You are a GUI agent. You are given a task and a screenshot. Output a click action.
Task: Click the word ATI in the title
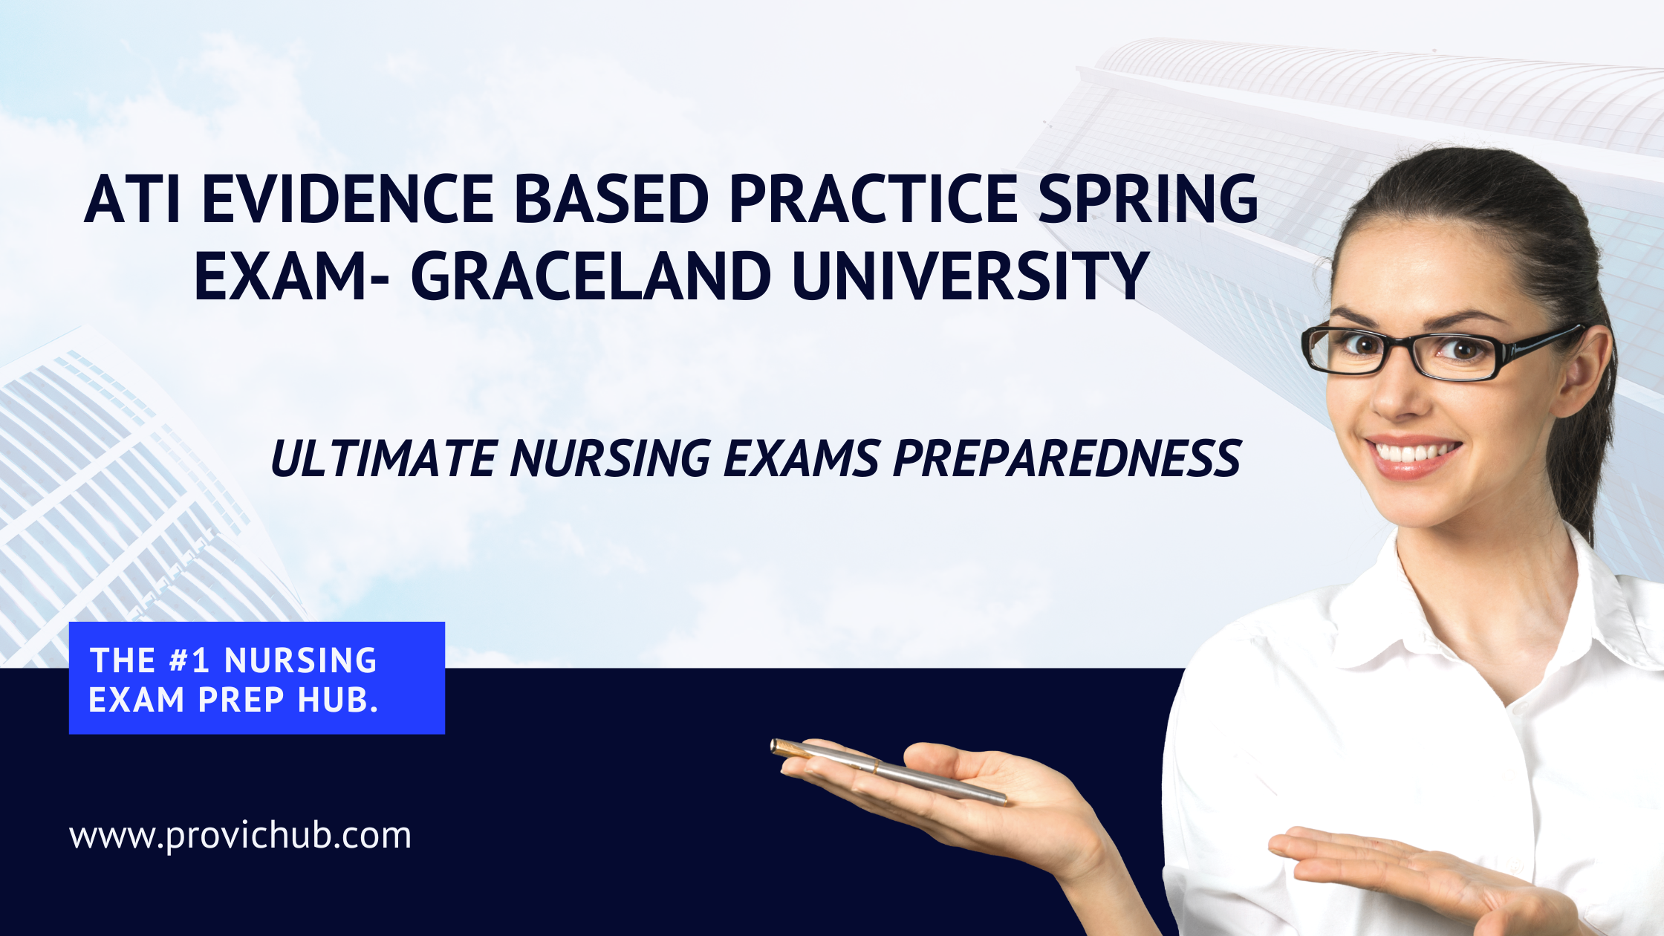click(132, 198)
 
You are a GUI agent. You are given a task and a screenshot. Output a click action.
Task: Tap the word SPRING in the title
click(1148, 198)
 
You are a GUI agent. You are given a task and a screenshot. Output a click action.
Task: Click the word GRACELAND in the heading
click(591, 276)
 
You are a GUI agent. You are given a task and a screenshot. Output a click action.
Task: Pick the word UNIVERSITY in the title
click(971, 276)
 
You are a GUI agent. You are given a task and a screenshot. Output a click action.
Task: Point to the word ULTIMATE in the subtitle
click(383, 458)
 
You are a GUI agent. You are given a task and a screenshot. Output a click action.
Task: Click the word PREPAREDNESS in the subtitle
click(1067, 458)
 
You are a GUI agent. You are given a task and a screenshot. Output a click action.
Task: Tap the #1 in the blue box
click(189, 660)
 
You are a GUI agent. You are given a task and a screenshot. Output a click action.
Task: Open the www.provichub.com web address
click(240, 836)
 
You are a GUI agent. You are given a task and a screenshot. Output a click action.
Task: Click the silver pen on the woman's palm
click(888, 772)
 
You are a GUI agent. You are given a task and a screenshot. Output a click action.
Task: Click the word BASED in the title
click(611, 198)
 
